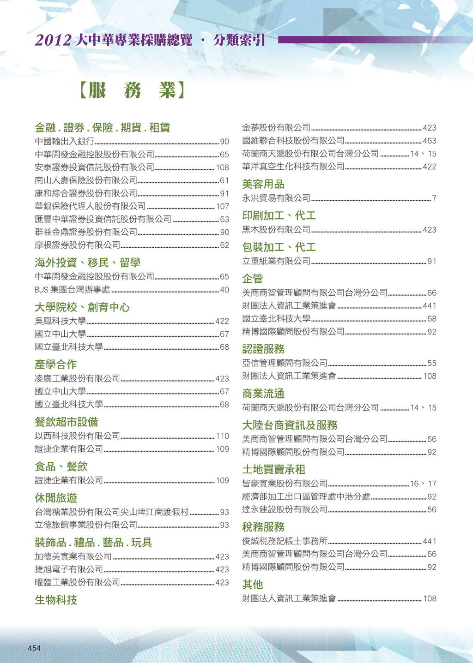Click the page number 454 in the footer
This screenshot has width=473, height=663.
pos(34,648)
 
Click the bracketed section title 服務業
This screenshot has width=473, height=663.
pos(132,90)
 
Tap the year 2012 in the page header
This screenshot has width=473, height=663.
pos(53,41)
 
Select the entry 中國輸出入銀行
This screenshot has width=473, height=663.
pos(64,142)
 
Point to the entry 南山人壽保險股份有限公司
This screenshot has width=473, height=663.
pos(86,180)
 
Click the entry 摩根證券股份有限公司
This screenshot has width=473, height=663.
pos(77,245)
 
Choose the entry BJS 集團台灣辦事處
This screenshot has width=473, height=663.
pos(73,290)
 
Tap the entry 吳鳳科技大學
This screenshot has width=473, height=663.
pos(60,321)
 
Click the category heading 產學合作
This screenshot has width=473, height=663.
pos(55,364)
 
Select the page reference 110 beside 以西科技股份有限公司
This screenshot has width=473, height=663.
pos(222,436)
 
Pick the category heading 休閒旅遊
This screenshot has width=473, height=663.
pos(55,498)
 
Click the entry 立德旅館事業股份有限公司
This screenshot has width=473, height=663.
pos(86,525)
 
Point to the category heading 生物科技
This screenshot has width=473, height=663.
pos(55,600)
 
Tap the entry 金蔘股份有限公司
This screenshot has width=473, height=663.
pos(276,128)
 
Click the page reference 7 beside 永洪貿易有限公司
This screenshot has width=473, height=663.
pos(434,198)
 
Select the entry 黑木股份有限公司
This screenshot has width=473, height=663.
pos(276,230)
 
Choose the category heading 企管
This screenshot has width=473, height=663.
pos(252,279)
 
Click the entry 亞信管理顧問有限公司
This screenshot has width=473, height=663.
pos(285,364)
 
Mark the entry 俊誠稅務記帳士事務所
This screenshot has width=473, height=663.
pos(285,541)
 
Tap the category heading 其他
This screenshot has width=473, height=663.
pos(252,585)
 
